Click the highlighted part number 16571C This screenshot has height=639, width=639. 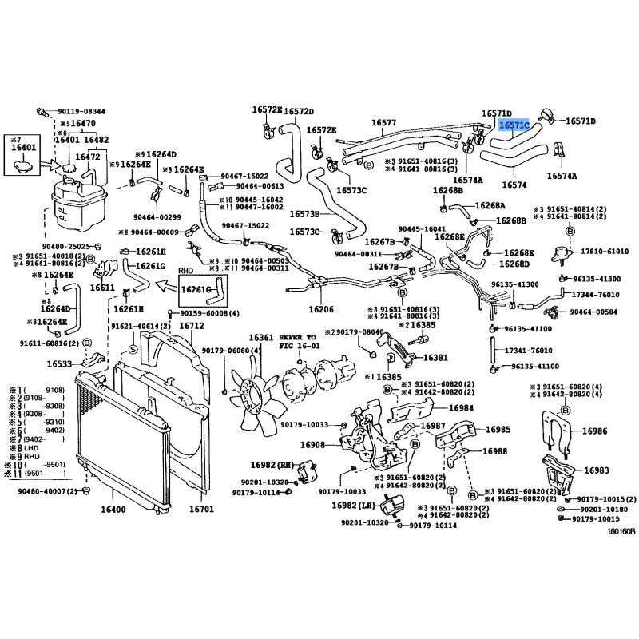coord(514,125)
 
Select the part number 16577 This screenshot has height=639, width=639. coord(383,123)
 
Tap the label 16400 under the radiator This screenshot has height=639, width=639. coord(113,509)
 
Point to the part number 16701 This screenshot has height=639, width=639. coord(201,509)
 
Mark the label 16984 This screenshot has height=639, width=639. coord(461,408)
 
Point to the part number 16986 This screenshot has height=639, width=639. coord(594,431)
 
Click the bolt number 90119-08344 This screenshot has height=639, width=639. coord(82,111)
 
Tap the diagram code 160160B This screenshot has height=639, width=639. coord(620,531)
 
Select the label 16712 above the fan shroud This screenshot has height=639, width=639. coord(191,326)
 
